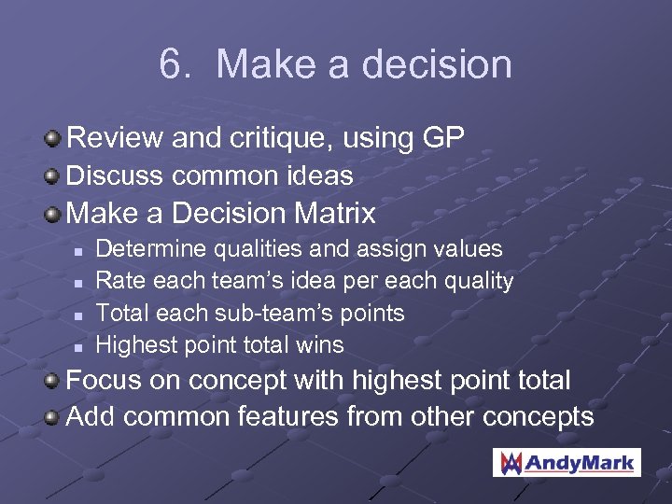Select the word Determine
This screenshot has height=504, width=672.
pyautogui.click(x=152, y=249)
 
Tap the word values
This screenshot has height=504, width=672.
pyautogui.click(x=470, y=249)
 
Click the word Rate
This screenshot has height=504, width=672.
pyautogui.click(x=119, y=281)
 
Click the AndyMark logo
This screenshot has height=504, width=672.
pyautogui.click(x=567, y=462)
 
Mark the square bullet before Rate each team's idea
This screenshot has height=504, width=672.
pyautogui.click(x=78, y=282)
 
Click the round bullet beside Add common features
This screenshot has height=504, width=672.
pyautogui.click(x=55, y=416)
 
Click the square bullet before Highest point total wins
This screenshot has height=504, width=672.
pyautogui.click(x=78, y=346)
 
